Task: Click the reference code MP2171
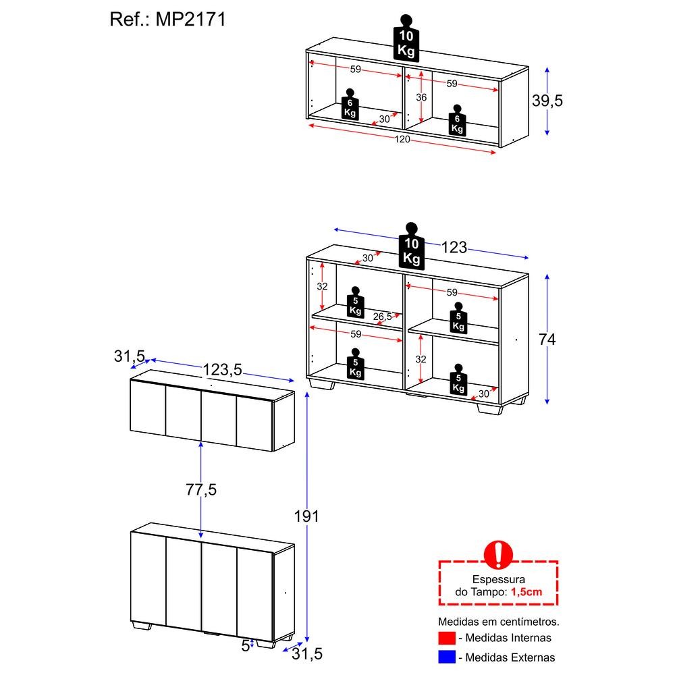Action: tap(192, 20)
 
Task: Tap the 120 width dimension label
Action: tap(402, 140)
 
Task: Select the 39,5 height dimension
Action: tap(547, 101)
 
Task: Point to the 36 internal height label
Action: tap(421, 97)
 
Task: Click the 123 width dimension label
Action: tap(454, 248)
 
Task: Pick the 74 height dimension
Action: tap(547, 340)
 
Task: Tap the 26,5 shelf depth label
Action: tap(382, 317)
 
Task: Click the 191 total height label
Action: tap(306, 516)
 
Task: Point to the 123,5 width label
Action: tap(222, 369)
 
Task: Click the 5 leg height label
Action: tap(245, 645)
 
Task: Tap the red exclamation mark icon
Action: tap(498, 553)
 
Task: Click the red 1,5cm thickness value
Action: tap(526, 591)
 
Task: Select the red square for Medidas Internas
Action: tap(447, 638)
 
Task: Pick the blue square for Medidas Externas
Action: tap(447, 657)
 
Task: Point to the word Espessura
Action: tap(499, 579)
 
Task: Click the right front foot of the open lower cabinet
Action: tap(490, 408)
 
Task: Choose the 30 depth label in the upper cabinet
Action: tap(384, 119)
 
